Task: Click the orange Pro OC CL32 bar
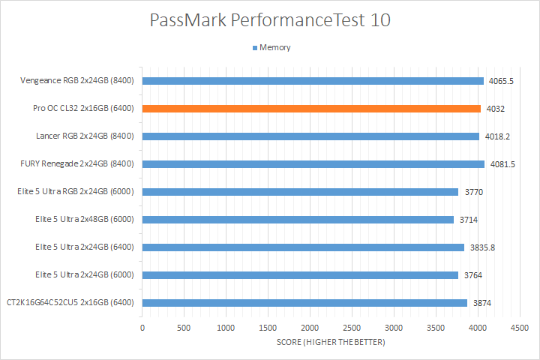point(311,109)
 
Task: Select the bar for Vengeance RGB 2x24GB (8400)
point(313,81)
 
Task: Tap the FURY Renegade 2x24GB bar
point(313,164)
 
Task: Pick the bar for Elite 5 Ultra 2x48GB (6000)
point(298,220)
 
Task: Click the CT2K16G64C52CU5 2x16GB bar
point(304,303)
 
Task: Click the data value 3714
point(469,220)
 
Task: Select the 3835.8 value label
point(481,247)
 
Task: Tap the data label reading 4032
point(495,109)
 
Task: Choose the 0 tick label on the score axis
point(142,328)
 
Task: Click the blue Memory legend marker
point(255,48)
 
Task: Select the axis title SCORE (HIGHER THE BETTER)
point(330,343)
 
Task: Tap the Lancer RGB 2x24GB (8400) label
point(85,136)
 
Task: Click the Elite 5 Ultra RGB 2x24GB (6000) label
point(75,192)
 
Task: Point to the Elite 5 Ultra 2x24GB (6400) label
point(84,247)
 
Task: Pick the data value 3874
point(482,303)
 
